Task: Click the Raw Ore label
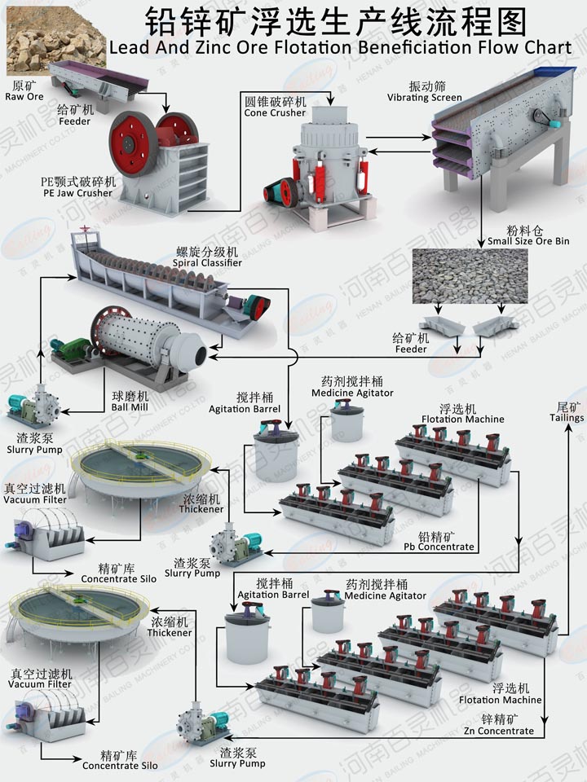(24, 91)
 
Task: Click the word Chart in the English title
(545, 47)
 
